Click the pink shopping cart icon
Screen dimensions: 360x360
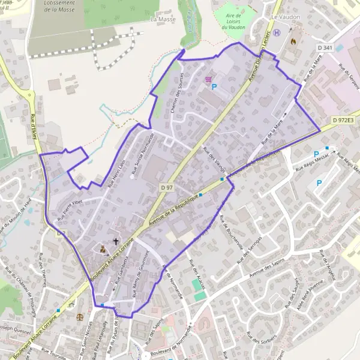tap(209, 79)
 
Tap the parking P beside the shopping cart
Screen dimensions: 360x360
tap(214, 87)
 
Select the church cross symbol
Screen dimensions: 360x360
tap(116, 241)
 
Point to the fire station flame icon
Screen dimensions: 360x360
tap(293, 43)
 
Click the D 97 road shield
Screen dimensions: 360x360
tap(167, 188)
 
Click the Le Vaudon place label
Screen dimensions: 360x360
tap(285, 17)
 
